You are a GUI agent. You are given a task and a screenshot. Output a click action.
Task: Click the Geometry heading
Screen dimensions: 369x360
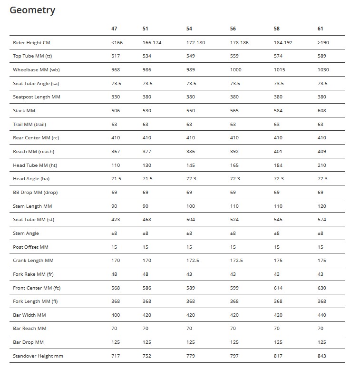32,10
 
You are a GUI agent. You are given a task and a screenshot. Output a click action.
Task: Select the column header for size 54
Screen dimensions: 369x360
189,29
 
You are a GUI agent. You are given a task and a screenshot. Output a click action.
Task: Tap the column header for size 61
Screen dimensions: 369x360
321,29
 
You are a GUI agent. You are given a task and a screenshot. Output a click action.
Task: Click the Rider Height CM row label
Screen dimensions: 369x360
31,42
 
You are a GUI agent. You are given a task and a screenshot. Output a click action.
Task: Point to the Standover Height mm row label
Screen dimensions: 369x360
38,356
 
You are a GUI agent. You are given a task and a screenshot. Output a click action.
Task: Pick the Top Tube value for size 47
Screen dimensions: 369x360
116,56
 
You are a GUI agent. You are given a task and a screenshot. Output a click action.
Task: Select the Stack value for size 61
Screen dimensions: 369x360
322,111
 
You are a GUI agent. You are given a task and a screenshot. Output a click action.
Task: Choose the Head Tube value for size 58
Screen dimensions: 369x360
278,165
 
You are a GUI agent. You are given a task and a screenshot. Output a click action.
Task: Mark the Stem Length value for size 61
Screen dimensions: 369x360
322,206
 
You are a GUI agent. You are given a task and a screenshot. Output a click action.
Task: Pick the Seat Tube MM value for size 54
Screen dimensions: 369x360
191,220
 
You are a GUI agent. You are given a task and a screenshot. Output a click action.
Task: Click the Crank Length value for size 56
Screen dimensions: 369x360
236,261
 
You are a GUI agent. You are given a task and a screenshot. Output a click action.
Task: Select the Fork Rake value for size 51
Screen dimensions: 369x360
146,274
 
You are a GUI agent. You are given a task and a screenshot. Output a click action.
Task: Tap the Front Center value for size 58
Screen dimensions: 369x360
278,288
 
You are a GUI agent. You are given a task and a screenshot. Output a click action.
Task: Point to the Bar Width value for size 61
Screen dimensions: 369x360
322,315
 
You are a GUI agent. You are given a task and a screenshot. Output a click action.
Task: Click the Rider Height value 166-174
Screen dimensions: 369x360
152,42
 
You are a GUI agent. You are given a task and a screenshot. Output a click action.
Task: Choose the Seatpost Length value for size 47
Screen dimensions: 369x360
116,97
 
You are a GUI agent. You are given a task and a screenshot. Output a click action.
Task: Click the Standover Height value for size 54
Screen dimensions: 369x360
191,356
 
